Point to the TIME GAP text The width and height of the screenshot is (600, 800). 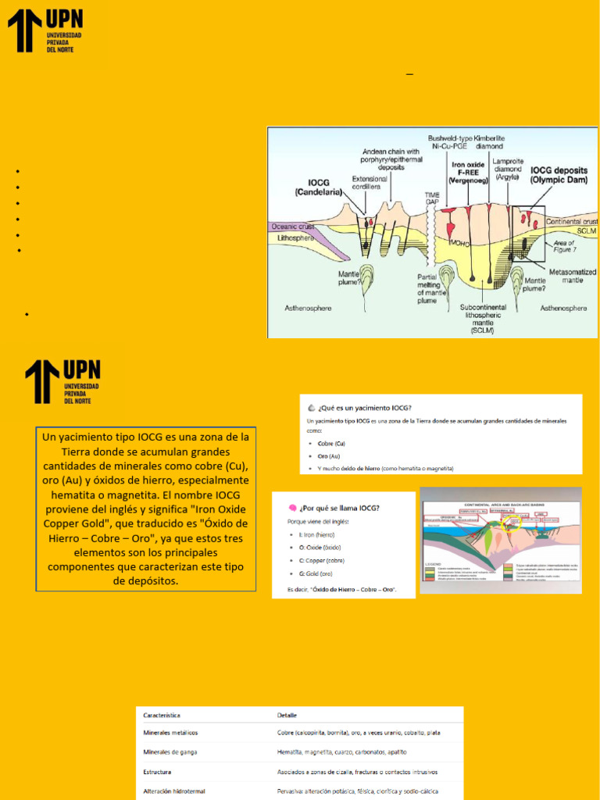click(x=432, y=198)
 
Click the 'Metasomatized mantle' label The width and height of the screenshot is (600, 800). click(x=573, y=276)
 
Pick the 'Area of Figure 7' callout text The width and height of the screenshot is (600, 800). click(x=569, y=247)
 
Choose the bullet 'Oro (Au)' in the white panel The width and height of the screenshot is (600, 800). click(x=329, y=455)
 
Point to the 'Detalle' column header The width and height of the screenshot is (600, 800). click(x=287, y=715)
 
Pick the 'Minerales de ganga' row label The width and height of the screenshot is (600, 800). click(x=170, y=752)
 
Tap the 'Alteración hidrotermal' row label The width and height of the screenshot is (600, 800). click(x=174, y=791)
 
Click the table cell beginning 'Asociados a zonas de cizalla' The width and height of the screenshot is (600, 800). click(x=357, y=772)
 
